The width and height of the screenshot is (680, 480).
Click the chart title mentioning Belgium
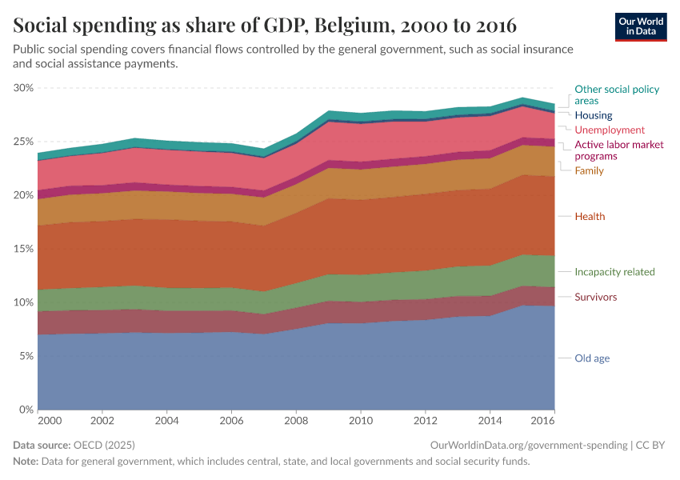(x=265, y=24)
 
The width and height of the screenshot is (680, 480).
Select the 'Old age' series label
(x=592, y=358)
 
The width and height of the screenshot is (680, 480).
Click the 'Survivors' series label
(x=595, y=298)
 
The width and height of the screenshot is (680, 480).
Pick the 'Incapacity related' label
(x=614, y=272)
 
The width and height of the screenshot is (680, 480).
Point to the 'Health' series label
(x=590, y=217)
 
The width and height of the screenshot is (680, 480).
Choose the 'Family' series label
(x=589, y=171)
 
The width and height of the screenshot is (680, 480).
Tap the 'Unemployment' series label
(x=610, y=130)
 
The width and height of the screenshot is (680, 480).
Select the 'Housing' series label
(x=593, y=115)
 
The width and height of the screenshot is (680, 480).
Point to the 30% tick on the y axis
(x=23, y=88)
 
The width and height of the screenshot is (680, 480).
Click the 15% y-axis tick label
(x=23, y=249)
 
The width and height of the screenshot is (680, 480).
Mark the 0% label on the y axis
(x=26, y=410)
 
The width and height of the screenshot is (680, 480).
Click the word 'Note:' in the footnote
(x=27, y=462)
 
